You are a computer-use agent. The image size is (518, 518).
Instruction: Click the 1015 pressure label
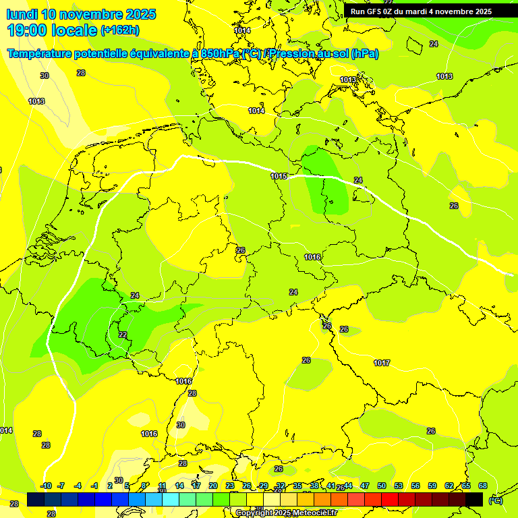279,176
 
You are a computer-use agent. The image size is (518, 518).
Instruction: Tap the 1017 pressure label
382,363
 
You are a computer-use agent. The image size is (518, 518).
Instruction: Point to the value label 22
123,335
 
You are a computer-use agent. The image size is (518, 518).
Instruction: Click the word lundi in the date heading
22,14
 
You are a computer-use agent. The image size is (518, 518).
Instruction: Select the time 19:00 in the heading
28,30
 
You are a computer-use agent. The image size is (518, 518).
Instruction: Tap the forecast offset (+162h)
120,30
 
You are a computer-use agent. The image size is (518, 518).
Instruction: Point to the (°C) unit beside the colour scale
496,500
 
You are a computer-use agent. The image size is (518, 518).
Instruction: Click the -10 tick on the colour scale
46,486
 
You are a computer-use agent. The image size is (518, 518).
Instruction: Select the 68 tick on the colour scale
483,486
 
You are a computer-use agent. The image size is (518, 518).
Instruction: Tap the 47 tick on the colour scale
365,486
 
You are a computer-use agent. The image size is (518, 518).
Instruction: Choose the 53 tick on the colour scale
399,486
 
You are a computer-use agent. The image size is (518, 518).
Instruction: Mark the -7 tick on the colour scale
61,486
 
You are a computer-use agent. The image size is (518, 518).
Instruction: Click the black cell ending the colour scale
474,499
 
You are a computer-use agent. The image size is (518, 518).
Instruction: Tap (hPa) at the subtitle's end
364,54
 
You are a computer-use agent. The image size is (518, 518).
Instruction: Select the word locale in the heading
75,30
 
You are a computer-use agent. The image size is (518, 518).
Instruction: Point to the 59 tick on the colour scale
432,486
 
